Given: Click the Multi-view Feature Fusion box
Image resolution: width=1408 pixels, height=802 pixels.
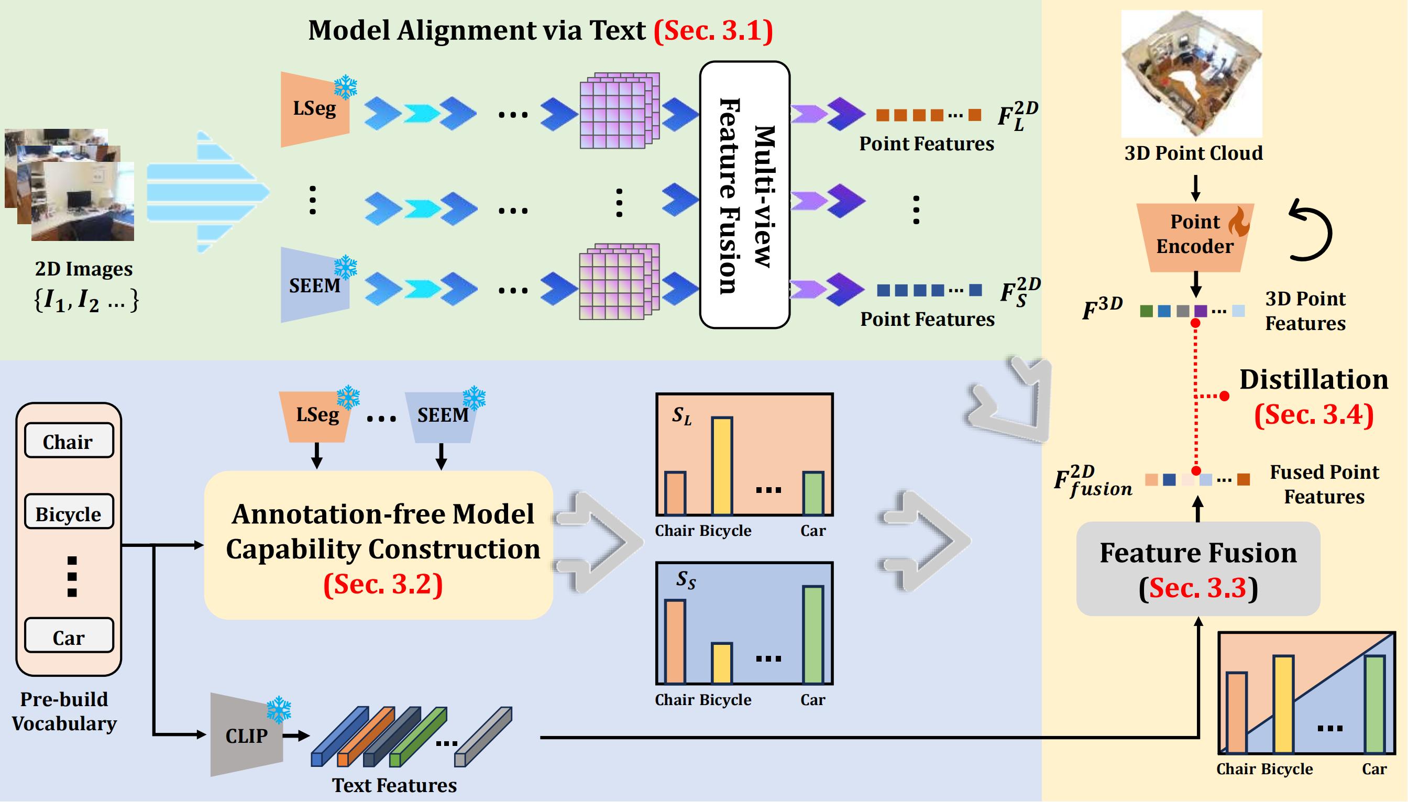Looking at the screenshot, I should coord(744,195).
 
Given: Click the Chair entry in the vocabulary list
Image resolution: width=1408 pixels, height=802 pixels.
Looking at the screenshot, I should coord(69,441).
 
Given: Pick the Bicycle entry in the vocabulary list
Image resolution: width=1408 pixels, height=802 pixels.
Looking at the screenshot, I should coord(69,513).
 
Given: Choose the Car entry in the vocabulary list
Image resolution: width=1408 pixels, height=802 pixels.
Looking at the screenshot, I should coord(69,637).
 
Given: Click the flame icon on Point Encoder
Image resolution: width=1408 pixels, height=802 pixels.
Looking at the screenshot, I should coord(1238,222).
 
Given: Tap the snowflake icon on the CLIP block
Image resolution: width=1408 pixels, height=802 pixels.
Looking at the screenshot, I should coord(279,710).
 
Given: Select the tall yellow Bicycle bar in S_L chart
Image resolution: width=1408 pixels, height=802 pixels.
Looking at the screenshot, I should coord(721,466).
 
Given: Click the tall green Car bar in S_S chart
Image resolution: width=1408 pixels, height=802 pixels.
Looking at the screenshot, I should coord(813,634).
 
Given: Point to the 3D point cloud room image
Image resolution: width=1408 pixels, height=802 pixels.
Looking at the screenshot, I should coord(1192,73).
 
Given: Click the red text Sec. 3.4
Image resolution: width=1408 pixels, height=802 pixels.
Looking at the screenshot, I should coord(1313,414).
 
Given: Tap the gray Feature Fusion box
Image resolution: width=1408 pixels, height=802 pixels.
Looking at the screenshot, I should coord(1197,569).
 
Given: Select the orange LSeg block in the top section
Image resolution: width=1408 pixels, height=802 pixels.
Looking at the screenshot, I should coord(314,109).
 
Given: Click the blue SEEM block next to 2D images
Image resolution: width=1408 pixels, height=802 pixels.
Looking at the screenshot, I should coord(314,285).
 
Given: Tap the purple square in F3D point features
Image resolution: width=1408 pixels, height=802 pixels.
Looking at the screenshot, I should coord(1201,311).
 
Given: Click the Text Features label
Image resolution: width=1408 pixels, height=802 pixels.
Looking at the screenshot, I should coord(394,785).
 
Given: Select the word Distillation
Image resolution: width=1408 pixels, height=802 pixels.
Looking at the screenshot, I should coord(1313,379).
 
